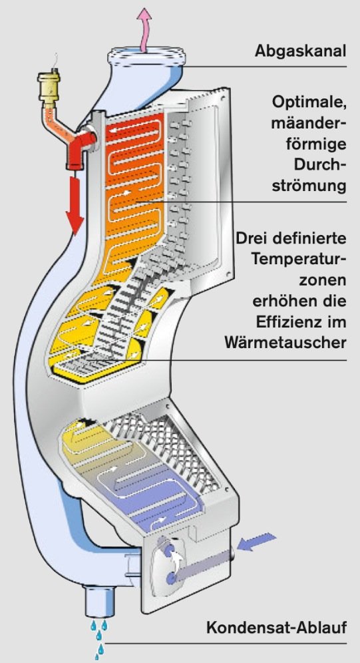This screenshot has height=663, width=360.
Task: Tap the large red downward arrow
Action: (75, 205)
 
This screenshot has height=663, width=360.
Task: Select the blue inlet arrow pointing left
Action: (256, 542)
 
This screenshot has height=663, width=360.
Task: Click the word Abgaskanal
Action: (300, 51)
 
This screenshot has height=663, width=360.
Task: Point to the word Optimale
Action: (309, 103)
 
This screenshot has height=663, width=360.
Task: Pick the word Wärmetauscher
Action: (285, 343)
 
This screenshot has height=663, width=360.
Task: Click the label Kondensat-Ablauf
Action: (276, 628)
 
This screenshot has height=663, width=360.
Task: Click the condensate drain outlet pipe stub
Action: (100, 601)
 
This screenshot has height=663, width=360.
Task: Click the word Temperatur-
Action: (299, 258)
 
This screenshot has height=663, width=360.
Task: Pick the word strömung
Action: (309, 185)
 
